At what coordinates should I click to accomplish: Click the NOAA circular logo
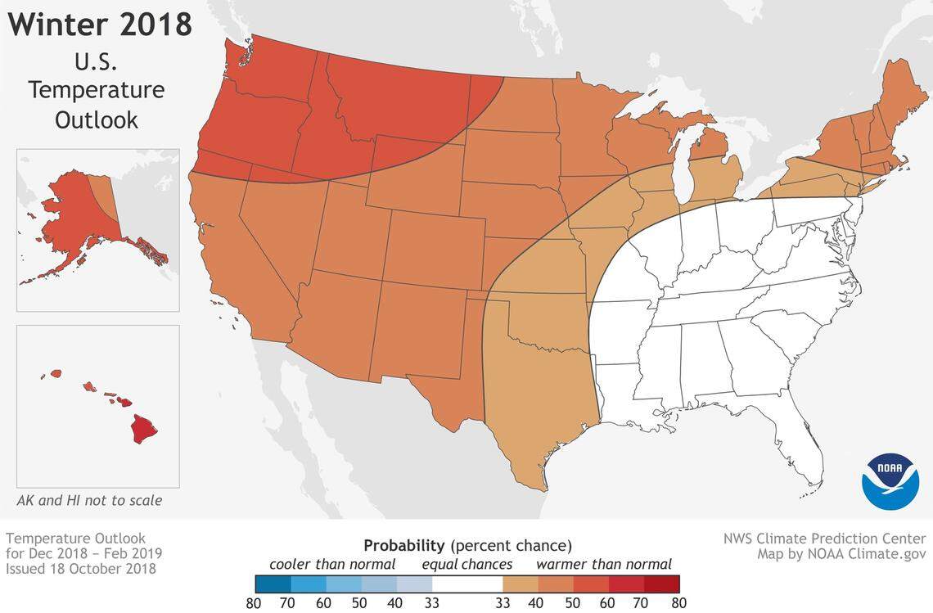[x=890, y=481]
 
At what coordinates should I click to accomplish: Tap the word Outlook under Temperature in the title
[x=96, y=119]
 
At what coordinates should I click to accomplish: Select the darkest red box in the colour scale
[x=662, y=583]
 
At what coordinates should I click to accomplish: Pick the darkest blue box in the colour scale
[x=273, y=583]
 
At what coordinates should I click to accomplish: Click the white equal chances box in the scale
[x=467, y=583]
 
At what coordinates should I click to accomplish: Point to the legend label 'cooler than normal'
[x=332, y=564]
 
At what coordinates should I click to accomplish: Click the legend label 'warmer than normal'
[x=604, y=564]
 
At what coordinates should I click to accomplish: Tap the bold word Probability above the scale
[x=404, y=545]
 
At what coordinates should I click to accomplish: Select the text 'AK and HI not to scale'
[x=89, y=500]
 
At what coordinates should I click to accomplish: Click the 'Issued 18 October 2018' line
[x=81, y=568]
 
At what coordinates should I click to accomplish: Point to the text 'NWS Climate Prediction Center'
[x=824, y=539]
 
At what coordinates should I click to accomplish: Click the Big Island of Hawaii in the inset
[x=146, y=428]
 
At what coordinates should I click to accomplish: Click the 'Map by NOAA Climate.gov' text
[x=841, y=554]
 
